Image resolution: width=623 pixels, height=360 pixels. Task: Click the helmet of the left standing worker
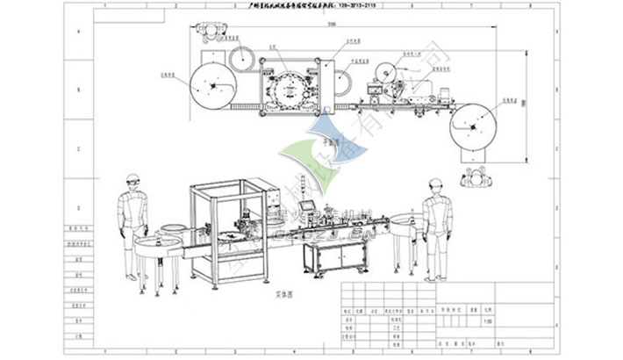132,180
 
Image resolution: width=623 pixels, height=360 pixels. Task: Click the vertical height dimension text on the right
521,104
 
